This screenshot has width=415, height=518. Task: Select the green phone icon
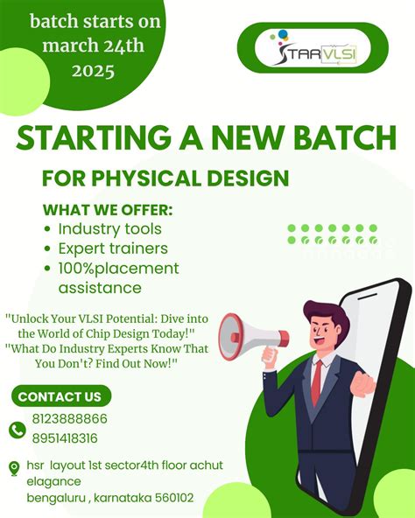click(17, 430)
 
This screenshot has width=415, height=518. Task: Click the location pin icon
click(14, 468)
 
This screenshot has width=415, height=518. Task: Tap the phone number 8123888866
click(69, 419)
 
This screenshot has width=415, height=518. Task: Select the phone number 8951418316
click(65, 438)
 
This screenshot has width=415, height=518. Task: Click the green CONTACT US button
click(60, 396)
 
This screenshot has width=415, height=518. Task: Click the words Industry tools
click(110, 229)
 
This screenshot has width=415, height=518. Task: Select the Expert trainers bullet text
click(110, 249)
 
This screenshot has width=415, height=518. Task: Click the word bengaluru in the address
click(62, 498)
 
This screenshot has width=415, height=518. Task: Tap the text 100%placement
click(118, 269)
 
